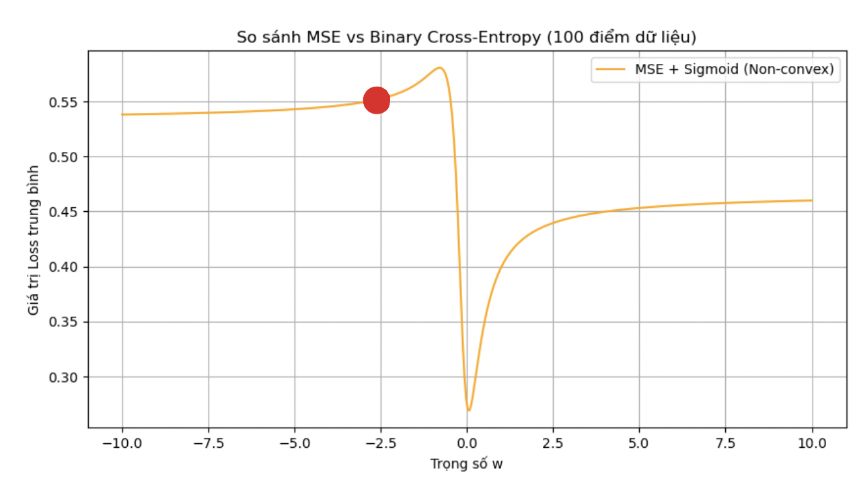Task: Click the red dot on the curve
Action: (377, 100)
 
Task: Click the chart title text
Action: (466, 38)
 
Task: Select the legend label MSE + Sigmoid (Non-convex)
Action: (734, 70)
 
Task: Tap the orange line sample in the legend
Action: (610, 70)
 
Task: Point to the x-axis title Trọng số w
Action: (466, 464)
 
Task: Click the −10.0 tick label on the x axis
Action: (122, 444)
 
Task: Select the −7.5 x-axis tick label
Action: (208, 444)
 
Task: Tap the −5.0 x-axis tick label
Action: (294, 444)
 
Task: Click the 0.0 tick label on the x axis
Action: (467, 444)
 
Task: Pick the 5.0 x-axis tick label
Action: (639, 444)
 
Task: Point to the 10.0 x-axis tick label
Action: (812, 444)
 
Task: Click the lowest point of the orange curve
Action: (469, 410)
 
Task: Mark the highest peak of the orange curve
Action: (439, 67)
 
